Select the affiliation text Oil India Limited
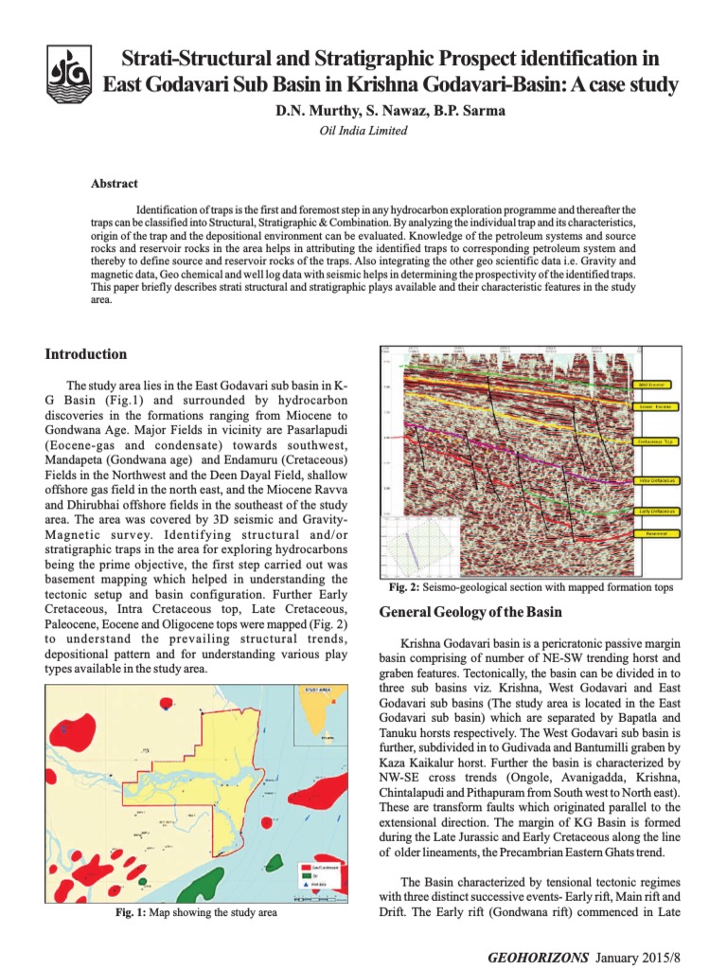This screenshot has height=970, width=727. pos(363,131)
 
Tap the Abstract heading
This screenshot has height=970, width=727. pos(114,183)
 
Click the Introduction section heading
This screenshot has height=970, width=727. pos(86,354)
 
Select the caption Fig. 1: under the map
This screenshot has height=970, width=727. pos(133,913)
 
